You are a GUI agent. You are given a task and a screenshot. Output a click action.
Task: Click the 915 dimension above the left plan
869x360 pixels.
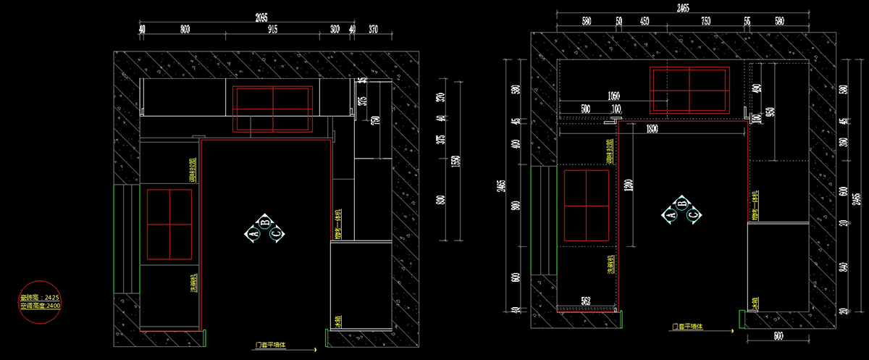(272, 29)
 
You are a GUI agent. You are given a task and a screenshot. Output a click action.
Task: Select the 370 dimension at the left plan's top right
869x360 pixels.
(373, 29)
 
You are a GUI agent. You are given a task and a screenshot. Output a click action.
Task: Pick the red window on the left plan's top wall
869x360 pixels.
(272, 109)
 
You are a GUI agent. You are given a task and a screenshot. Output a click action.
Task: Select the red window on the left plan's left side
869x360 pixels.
(169, 224)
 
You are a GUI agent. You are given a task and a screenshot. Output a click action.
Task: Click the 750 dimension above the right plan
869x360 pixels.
(705, 21)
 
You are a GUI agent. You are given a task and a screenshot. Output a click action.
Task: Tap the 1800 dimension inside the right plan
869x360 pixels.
(652, 128)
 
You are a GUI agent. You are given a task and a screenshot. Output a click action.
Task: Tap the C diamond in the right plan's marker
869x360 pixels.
(694, 214)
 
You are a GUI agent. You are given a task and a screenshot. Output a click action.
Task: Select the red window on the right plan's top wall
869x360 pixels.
(688, 89)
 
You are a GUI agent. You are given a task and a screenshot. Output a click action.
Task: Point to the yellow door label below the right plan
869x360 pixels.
(688, 327)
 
